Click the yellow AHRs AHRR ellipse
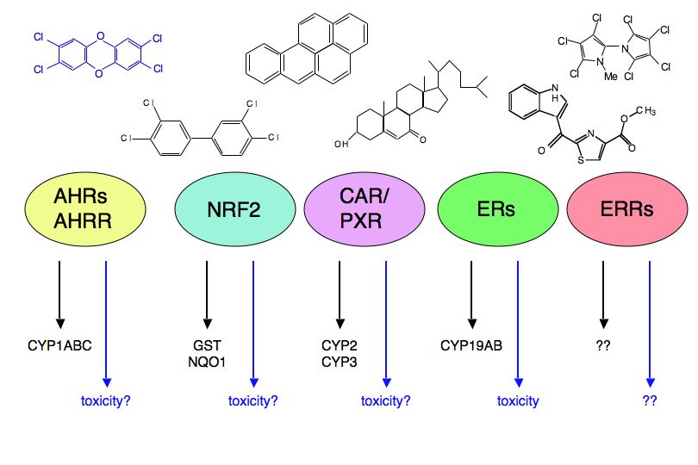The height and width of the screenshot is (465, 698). point(85,208)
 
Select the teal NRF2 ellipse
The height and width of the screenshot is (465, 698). point(234,208)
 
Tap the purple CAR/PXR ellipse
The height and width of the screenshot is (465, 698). point(365,208)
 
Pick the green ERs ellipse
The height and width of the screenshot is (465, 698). point(498,208)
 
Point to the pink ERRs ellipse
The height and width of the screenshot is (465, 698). point(627,208)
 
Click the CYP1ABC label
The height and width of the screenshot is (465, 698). point(59,346)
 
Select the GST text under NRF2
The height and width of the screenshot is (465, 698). point(207,346)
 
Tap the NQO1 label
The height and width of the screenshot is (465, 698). point(207,363)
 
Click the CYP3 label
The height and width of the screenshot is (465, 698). point(340,363)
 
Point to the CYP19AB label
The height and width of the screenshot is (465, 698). point(471,346)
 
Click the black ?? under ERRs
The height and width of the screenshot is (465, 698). point(603,346)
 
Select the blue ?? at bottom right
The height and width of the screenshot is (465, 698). point(650,400)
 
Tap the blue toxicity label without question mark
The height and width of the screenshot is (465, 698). point(518,401)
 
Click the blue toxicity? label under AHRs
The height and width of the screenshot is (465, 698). point(105,401)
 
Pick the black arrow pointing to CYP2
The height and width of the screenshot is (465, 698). point(340,295)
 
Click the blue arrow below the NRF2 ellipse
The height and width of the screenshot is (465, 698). point(253,325)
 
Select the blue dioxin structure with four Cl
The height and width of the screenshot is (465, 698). point(98,54)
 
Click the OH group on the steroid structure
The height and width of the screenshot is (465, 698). point(341,144)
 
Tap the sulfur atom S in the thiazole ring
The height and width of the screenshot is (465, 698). point(581,160)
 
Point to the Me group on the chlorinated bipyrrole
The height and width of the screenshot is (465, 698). point(610,77)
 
